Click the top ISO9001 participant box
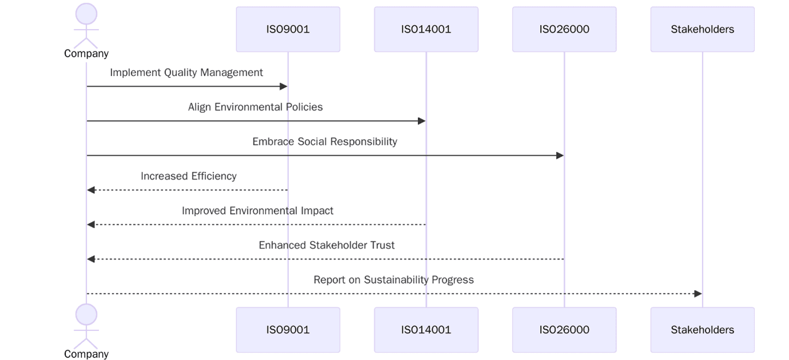pyautogui.click(x=288, y=29)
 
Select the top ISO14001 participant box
pyautogui.click(x=426, y=29)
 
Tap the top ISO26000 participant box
pyautogui.click(x=564, y=29)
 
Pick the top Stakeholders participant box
pyautogui.click(x=702, y=29)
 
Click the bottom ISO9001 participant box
pyautogui.click(x=288, y=330)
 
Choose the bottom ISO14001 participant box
pyautogui.click(x=426, y=330)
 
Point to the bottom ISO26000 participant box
pyautogui.click(x=564, y=330)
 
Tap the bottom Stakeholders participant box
pyautogui.click(x=702, y=330)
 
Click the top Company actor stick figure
pyautogui.click(x=86, y=26)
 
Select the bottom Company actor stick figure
pyautogui.click(x=86, y=326)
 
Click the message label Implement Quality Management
pyautogui.click(x=187, y=73)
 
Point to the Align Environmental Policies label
pyautogui.click(x=255, y=107)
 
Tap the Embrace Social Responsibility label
pyautogui.click(x=324, y=141)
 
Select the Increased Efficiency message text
pyautogui.click(x=188, y=176)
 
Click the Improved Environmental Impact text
pyautogui.click(x=257, y=211)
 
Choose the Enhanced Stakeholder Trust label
pyautogui.click(x=326, y=245)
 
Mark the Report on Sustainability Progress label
pyautogui.click(x=394, y=280)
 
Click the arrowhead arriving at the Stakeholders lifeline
pyautogui.click(x=697, y=294)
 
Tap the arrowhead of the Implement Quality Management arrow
pyautogui.click(x=283, y=86)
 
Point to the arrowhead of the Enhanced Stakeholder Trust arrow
pyautogui.click(x=91, y=259)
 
